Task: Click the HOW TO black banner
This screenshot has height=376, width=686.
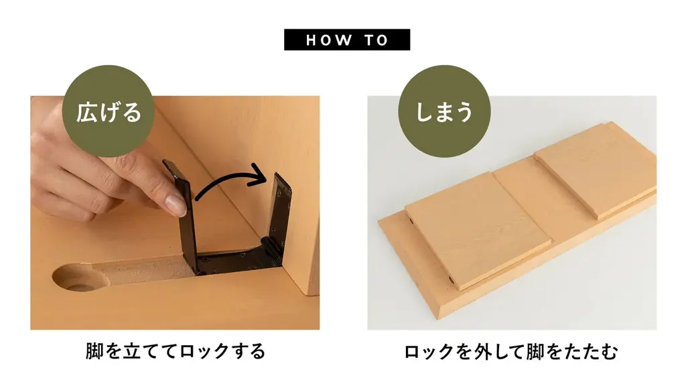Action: [x=347, y=40]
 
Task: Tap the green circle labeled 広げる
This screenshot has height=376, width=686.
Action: [x=108, y=111]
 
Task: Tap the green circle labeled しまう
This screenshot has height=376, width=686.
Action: [x=444, y=111]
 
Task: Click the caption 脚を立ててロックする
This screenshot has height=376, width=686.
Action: [x=176, y=351]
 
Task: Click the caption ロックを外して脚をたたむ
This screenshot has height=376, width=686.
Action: [x=510, y=351]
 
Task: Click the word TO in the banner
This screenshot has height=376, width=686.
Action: [x=376, y=40]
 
